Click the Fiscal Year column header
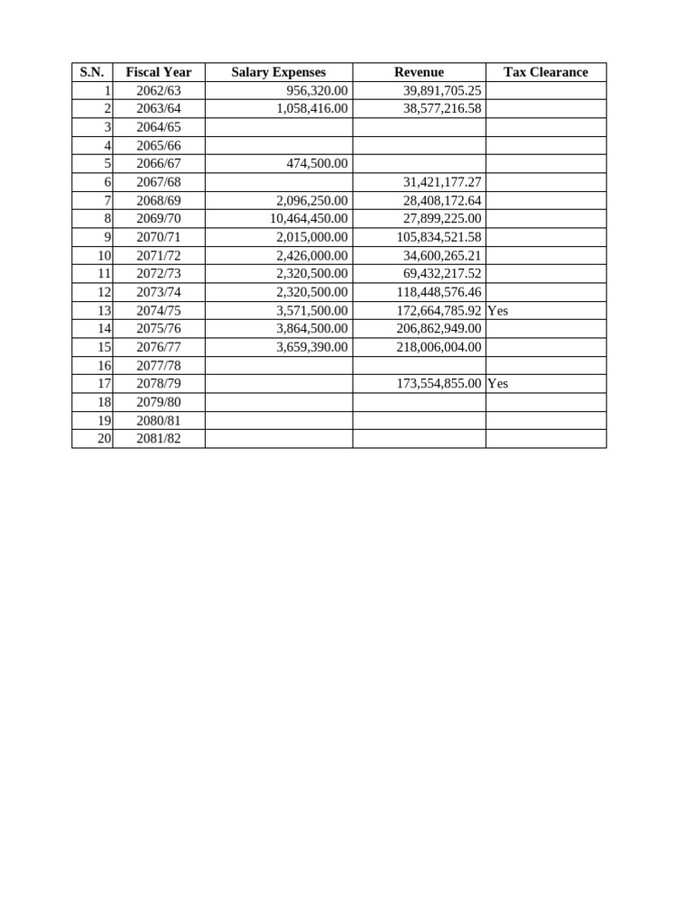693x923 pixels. coord(159,72)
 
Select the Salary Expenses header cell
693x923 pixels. coord(278,72)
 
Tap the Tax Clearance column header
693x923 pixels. coord(545,72)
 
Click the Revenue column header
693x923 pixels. coord(419,72)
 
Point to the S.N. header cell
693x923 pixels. coord(92,72)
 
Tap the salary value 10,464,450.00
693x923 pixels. coord(310,219)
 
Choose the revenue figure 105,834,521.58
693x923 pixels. coord(439,237)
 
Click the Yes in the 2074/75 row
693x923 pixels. coord(497,310)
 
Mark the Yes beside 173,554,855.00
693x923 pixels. coord(497,384)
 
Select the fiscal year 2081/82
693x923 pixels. coord(159,439)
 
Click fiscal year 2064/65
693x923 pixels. coord(159,127)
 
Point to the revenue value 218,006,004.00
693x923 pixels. coord(439,347)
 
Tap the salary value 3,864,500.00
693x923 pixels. coord(312,329)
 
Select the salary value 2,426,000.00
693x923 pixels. coord(312,256)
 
